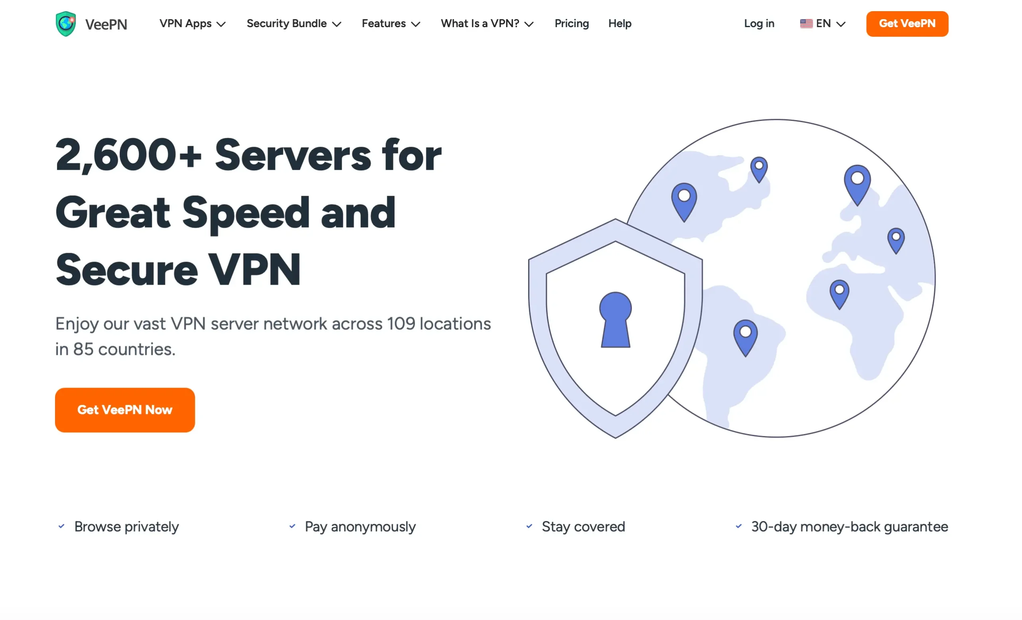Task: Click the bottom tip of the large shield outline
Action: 615,438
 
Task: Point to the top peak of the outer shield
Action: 615,219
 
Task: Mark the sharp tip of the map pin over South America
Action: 745,356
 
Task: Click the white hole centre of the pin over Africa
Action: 839,289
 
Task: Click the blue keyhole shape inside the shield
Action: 615,319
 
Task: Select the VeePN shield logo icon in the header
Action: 66,24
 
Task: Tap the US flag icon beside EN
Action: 806,24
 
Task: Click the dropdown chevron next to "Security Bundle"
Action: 337,24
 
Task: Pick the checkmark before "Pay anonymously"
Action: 292,526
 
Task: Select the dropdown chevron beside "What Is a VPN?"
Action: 529,24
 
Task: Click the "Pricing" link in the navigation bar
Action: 572,24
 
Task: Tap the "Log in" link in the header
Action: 759,24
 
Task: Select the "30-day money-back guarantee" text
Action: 849,526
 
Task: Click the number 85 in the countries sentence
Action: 83,349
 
